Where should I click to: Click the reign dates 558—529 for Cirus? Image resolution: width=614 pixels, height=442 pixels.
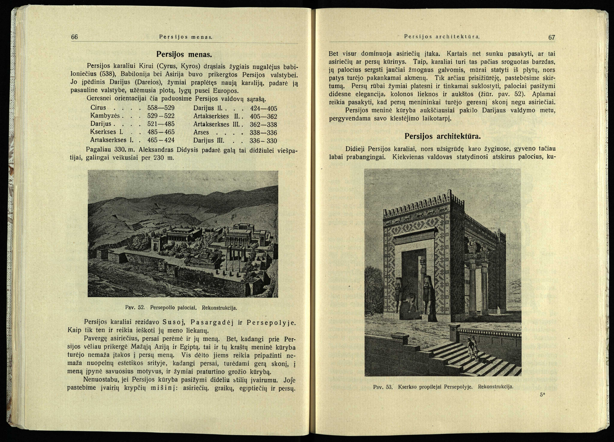click(161, 108)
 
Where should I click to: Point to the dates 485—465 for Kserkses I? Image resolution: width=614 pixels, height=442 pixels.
click(161, 132)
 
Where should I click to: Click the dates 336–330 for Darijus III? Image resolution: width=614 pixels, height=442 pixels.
click(263, 141)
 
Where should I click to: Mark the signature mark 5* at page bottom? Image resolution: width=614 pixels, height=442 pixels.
click(542, 395)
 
